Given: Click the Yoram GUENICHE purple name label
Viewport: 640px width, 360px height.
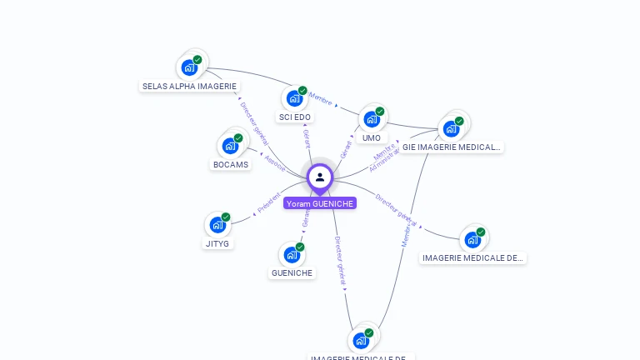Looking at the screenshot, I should (320, 203).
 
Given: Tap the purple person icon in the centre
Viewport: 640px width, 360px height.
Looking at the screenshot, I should (320, 177).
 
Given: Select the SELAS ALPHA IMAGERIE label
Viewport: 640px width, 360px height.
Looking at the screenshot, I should (190, 86).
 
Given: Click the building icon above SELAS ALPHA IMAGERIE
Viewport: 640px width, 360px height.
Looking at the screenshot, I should (189, 67).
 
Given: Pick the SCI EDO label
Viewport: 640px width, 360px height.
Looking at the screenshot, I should (295, 117).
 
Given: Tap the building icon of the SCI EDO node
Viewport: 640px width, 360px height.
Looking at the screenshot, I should (294, 98).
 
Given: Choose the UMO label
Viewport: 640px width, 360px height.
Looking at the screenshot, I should (372, 137).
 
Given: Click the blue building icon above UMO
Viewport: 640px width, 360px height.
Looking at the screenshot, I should (371, 119).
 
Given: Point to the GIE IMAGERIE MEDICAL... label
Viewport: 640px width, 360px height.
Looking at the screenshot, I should (452, 147).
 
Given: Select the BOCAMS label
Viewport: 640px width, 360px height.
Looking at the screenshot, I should (231, 164).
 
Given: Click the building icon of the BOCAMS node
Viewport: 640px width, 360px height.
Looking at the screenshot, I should (230, 146).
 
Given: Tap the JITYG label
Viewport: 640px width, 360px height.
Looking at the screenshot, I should (217, 243).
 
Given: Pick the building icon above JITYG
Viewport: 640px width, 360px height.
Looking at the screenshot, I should (217, 225).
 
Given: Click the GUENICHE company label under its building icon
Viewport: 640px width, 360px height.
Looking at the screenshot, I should (292, 272).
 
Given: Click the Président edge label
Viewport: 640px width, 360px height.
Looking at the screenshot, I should (268, 204).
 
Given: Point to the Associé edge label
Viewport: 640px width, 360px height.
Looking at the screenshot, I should (274, 162).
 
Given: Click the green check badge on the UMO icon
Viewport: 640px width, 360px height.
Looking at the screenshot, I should (380, 111).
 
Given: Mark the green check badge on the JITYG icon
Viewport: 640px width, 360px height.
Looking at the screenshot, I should (226, 217).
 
